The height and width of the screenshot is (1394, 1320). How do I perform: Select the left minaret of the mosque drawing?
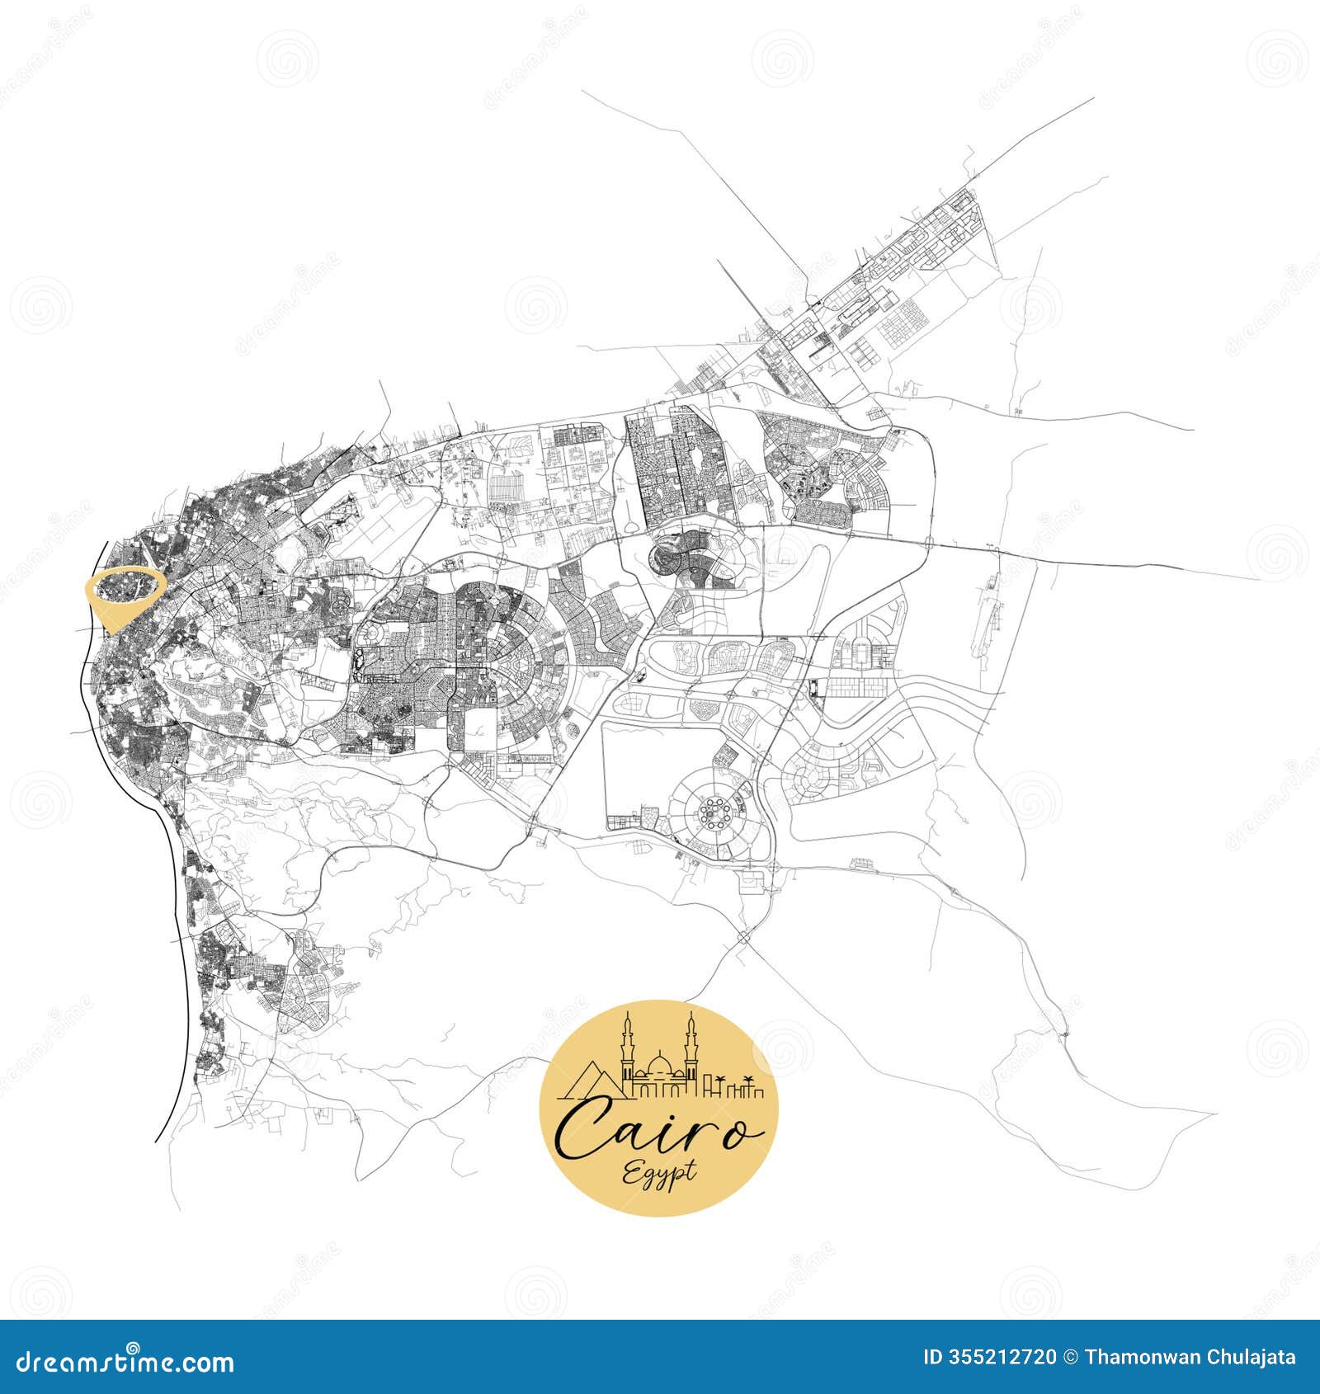(627, 1052)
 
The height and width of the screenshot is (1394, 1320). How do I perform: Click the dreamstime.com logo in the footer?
(125, 1361)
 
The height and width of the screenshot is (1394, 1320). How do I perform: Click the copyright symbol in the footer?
(1070, 1357)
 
